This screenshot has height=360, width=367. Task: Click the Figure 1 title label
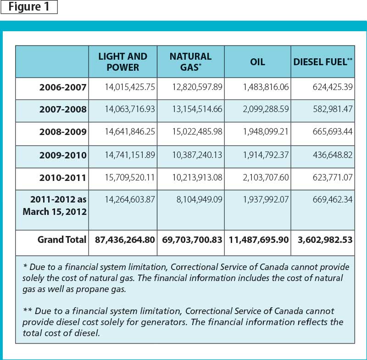pyautogui.click(x=29, y=7)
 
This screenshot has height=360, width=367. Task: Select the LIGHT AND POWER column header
pyautogui.click(x=122, y=62)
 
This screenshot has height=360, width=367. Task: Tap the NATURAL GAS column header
pyautogui.click(x=190, y=62)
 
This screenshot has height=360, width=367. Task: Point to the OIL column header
pyautogui.click(x=257, y=62)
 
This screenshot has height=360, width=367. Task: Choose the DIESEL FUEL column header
pyautogui.click(x=323, y=62)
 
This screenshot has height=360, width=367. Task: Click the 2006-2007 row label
pyautogui.click(x=63, y=87)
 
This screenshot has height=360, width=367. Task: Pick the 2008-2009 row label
pyautogui.click(x=63, y=132)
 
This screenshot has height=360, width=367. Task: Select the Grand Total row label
pyautogui.click(x=62, y=240)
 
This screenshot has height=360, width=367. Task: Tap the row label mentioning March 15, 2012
pyautogui.click(x=55, y=206)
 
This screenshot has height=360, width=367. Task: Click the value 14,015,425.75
pyautogui.click(x=130, y=87)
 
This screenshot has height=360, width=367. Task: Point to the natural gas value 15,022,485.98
pyautogui.click(x=197, y=132)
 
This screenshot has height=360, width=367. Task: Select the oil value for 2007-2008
pyautogui.click(x=266, y=109)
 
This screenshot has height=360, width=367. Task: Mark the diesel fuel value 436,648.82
pyautogui.click(x=333, y=155)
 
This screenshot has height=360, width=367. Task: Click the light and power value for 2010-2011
pyautogui.click(x=130, y=178)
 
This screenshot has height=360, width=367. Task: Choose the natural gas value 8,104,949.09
pyautogui.click(x=200, y=200)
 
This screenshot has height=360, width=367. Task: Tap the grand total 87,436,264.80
pyautogui.click(x=125, y=240)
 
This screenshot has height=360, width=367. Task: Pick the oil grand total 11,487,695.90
pyautogui.click(x=259, y=240)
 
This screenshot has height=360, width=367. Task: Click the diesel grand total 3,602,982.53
pyautogui.click(x=325, y=240)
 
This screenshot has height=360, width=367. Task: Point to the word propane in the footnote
pyautogui.click(x=93, y=289)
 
